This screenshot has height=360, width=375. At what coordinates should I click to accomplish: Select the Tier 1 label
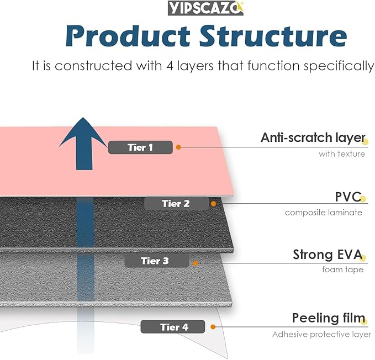point(140,147)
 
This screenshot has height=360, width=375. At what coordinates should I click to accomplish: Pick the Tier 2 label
point(176,203)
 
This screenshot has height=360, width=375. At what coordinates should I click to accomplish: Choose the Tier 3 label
point(155,261)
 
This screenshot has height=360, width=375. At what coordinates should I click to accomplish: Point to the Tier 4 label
point(174,327)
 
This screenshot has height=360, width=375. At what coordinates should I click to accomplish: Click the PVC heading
point(347,197)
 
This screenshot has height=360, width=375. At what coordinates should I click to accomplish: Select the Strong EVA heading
point(327,255)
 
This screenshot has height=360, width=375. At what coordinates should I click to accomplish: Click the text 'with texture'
point(341,154)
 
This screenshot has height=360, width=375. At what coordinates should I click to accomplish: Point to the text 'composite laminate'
point(324,213)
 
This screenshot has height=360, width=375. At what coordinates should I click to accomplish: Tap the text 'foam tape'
point(343,270)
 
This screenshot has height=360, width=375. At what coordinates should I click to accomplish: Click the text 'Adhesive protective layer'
point(321,334)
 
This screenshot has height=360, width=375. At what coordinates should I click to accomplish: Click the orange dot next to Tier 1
point(178,147)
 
